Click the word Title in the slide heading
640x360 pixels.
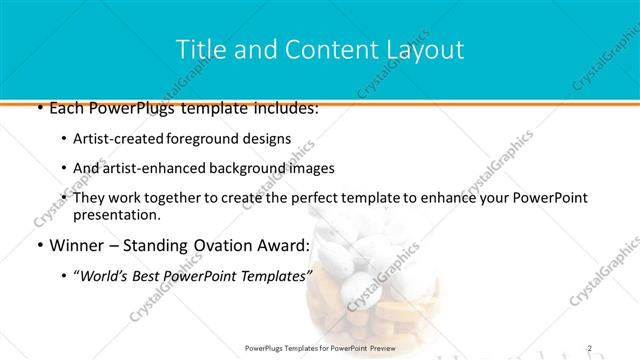pos(198,49)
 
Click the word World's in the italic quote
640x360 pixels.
pos(107,275)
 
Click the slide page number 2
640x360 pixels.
pos(590,347)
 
